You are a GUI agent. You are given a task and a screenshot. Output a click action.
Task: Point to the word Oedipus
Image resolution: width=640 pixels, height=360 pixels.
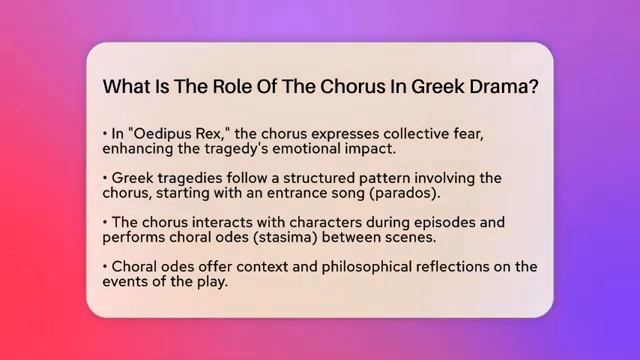(x=162, y=132)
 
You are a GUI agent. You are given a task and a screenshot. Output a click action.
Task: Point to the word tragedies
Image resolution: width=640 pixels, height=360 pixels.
(x=189, y=177)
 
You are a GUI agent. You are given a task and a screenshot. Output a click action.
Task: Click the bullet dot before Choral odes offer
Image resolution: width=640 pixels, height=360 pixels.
(x=105, y=267)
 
